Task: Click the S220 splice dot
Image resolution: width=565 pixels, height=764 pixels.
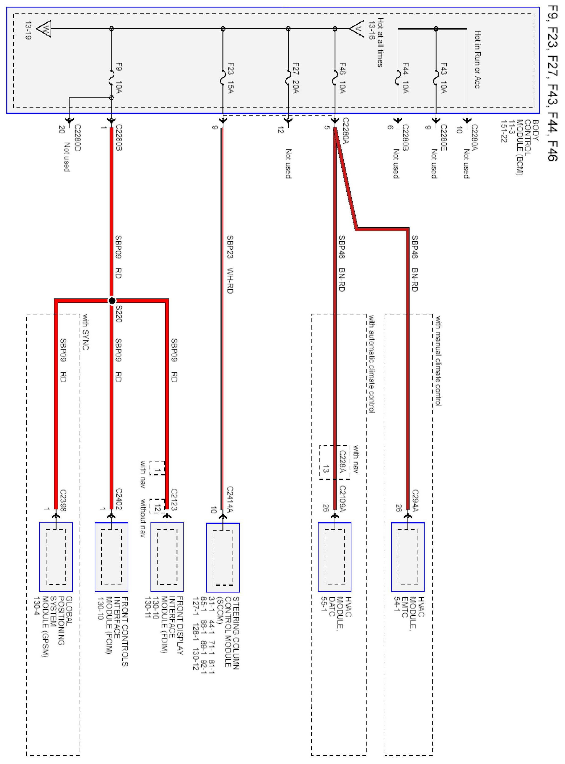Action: click(112, 301)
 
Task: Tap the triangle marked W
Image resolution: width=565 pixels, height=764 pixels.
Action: click(44, 29)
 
